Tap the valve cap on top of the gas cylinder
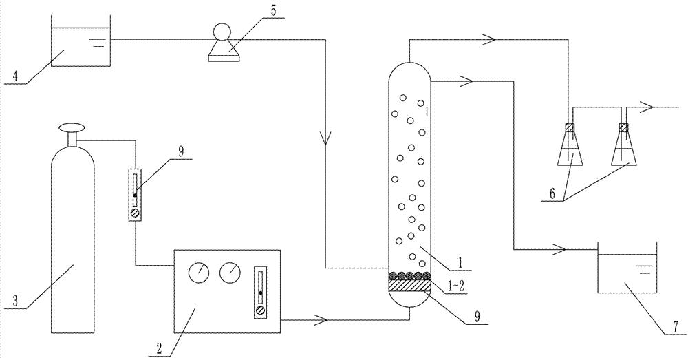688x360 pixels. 72,127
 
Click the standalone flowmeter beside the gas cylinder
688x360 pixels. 135,197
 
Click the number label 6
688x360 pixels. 551,195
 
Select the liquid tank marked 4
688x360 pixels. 80,45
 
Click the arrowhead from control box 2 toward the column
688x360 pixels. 321,319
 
